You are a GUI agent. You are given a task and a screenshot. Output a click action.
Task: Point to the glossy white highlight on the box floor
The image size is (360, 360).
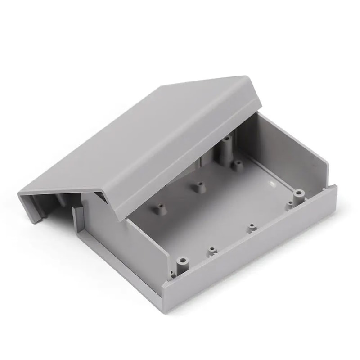click(x=271, y=184)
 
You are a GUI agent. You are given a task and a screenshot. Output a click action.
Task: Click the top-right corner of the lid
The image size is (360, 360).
click(x=247, y=77)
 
